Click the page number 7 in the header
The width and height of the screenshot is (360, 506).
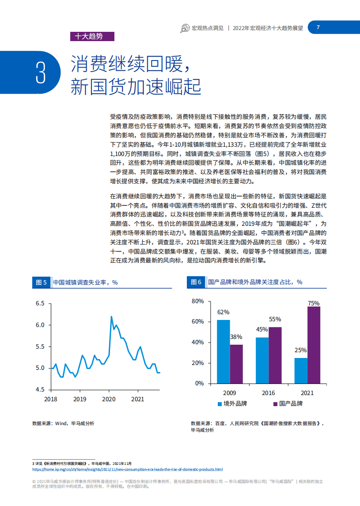pos(318,27)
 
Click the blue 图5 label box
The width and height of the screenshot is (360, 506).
pos(42,282)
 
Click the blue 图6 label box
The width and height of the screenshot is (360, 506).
pos(196,282)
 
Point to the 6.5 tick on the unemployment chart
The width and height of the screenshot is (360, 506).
pos(40,304)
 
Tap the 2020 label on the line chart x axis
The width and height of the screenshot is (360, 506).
pos(108,399)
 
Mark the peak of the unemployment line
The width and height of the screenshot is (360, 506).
pos(111,316)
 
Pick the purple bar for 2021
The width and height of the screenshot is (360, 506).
pos(314,345)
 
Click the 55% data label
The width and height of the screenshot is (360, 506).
pos(275,320)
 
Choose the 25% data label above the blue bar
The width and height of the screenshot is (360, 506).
pos(301,350)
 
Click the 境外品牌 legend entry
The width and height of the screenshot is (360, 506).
pos(231,403)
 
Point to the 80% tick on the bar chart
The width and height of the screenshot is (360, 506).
pos(197,301)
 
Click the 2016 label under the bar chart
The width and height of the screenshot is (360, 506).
pos(268,393)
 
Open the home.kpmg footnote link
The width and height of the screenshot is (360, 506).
pos(128,469)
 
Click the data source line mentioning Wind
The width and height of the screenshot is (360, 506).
pos(63,423)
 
